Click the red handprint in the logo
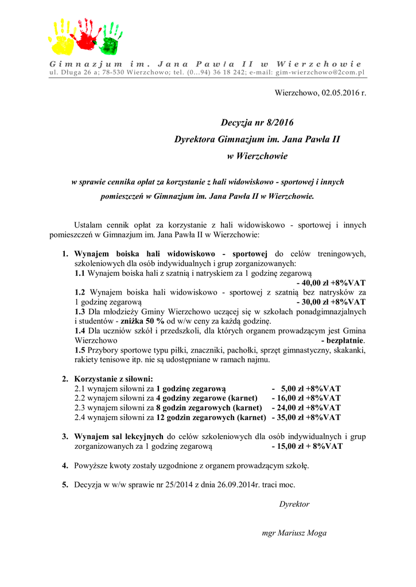[86, 35]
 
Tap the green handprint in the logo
[110, 41]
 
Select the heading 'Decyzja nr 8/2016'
[256, 123]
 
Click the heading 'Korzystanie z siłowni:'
[114, 379]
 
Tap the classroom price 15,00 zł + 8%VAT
[308, 446]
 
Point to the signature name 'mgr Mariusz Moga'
[294, 533]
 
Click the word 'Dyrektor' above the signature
[294, 504]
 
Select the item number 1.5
[80, 350]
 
